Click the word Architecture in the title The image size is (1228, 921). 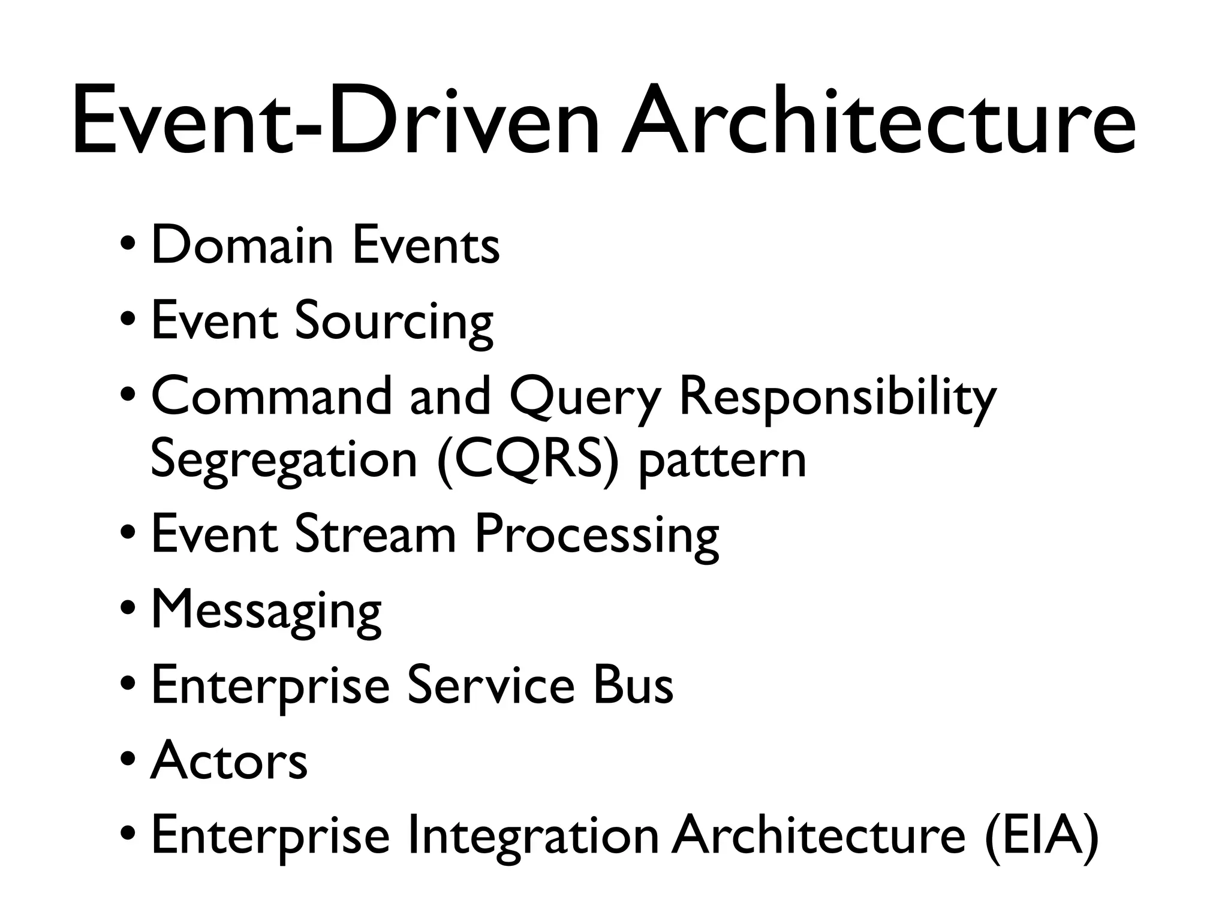point(878,120)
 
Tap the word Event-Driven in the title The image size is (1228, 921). point(336,120)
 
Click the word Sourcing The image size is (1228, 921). point(394,321)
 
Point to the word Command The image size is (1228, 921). point(271,396)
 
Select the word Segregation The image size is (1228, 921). point(284,460)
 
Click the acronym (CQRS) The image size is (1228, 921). point(528,460)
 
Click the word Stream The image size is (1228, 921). point(375,534)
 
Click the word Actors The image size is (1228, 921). point(229,760)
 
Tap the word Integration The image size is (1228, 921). point(533,836)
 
